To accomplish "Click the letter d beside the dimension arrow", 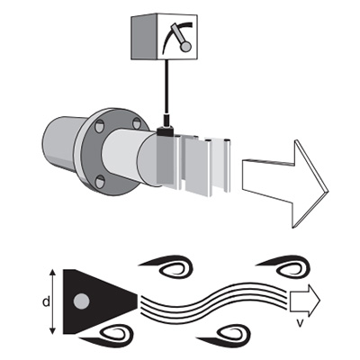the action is (x=46, y=301).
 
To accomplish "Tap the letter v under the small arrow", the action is (x=299, y=323).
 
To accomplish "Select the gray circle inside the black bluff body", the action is (x=81, y=301).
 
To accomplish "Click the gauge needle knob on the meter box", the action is (x=185, y=46).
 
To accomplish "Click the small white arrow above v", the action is (x=304, y=301).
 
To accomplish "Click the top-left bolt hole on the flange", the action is (x=99, y=126).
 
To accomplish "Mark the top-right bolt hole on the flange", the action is (x=137, y=123).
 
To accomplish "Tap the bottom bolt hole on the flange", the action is (x=100, y=182).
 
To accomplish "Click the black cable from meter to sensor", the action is (x=166, y=87).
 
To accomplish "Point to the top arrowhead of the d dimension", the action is (x=52, y=273).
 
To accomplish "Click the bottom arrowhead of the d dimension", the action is (x=52, y=330).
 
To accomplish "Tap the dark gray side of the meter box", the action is (x=144, y=37).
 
